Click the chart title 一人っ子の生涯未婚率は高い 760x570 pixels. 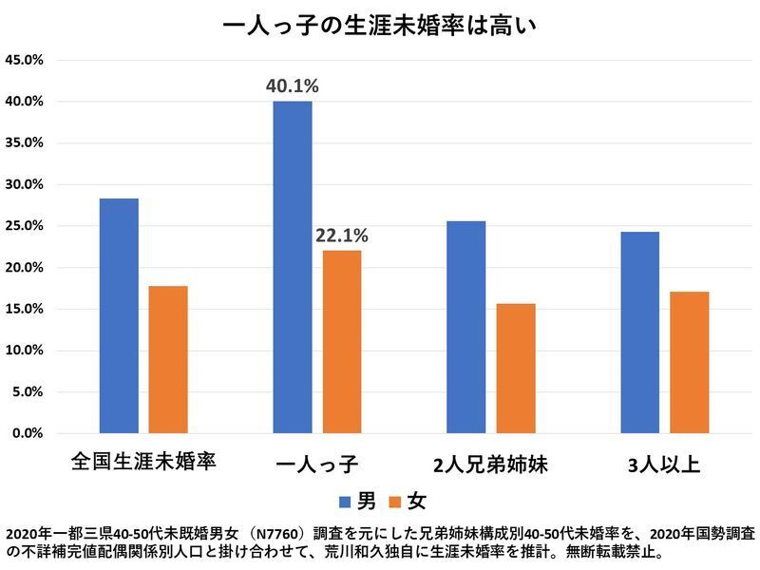point(380,24)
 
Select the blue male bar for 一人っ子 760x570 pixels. point(293,267)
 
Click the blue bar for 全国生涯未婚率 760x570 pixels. point(119,315)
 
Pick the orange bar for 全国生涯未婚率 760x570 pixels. point(168,359)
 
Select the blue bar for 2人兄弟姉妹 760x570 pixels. point(466,327)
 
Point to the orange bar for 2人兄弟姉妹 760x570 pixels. point(516,369)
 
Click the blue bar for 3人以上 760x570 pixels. point(639,332)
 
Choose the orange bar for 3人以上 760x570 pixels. point(689,362)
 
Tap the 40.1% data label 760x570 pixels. point(293,86)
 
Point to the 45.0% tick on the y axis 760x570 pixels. point(25,60)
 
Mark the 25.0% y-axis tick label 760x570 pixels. point(25,226)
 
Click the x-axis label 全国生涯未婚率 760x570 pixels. point(144,465)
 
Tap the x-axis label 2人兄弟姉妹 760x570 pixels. point(490,465)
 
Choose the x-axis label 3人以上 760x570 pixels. point(664,465)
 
